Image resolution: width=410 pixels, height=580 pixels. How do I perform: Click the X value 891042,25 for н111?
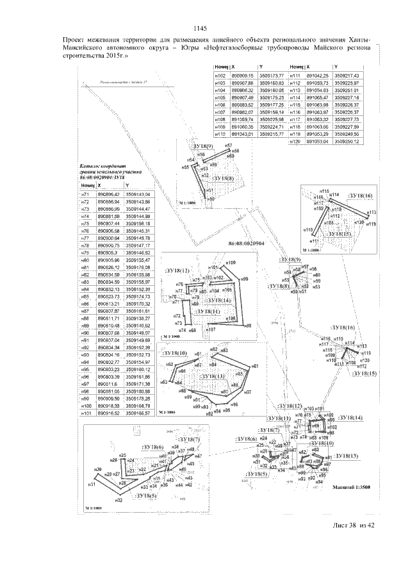[x=318, y=76]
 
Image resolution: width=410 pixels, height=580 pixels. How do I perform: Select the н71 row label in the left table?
[x=85, y=194]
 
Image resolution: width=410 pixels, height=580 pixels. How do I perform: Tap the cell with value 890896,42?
[x=108, y=194]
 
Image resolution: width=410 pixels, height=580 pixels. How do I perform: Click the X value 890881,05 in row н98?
[x=108, y=391]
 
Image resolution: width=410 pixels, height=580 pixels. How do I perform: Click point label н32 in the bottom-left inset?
[x=119, y=500]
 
